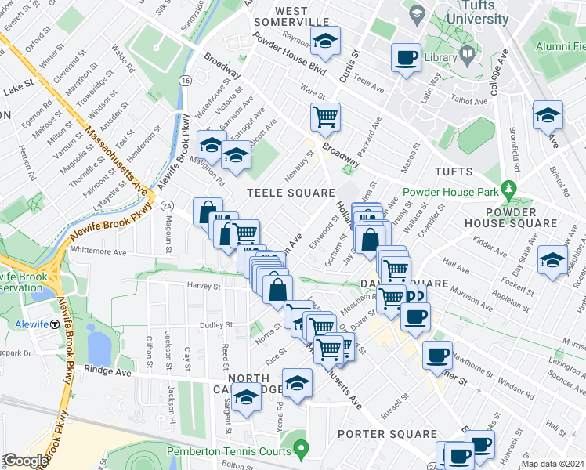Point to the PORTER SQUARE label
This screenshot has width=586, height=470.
[x=386, y=434]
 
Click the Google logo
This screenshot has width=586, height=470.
[x=25, y=461]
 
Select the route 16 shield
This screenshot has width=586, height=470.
[x=185, y=81]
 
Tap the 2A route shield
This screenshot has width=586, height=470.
[x=166, y=205]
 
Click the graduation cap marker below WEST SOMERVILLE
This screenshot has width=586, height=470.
[x=325, y=41]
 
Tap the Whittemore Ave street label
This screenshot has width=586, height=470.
[x=98, y=252]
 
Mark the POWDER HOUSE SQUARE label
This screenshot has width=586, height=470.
[x=521, y=219]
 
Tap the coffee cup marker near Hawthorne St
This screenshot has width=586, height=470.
[x=437, y=355]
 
